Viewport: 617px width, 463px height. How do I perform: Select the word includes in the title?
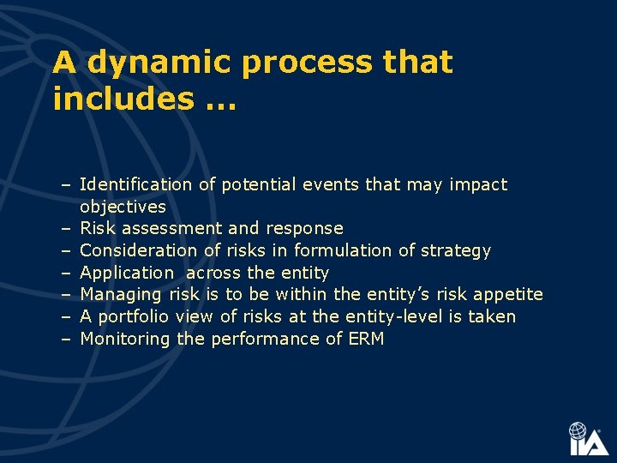[x=123, y=99]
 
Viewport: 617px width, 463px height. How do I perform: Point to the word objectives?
[x=123, y=207]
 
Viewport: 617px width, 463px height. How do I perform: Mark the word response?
[x=304, y=229]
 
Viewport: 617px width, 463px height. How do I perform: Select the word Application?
[x=127, y=274]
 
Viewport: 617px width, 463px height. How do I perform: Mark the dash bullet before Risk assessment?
[x=65, y=229]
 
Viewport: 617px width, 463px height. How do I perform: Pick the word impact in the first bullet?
[x=479, y=184]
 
